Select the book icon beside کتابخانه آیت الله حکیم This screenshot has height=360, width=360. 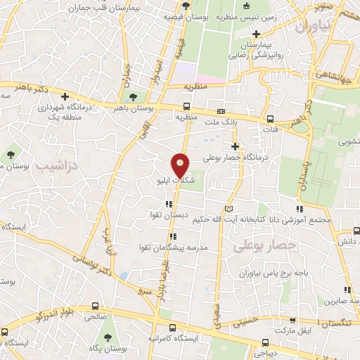click(228, 209)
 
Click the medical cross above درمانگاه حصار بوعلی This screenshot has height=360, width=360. click(237, 147)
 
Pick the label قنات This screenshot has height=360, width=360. click(271, 129)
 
